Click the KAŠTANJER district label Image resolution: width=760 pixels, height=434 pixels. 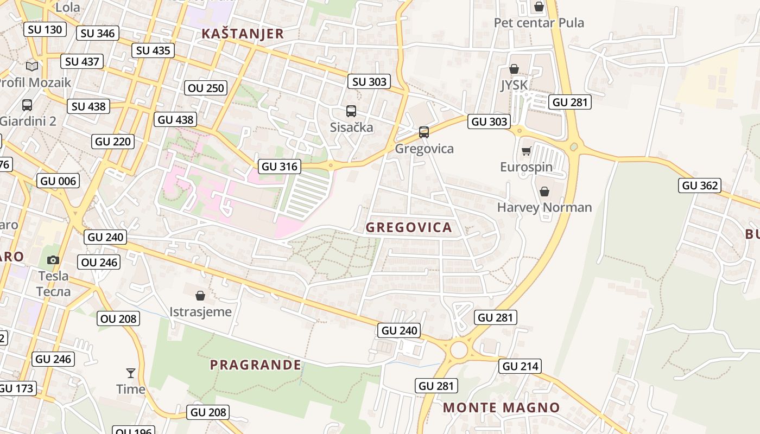click(243, 34)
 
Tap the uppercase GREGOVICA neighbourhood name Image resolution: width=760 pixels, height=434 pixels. click(409, 227)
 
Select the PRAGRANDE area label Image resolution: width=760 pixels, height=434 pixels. click(256, 365)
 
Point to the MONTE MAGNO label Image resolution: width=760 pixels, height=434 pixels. click(501, 407)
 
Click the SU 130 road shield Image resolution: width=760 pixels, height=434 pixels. click(45, 29)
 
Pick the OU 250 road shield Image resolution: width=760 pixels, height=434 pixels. click(206, 88)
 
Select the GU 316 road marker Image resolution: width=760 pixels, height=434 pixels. click(280, 167)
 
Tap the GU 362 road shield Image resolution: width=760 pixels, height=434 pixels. click(700, 186)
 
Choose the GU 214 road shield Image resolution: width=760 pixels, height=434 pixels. click(520, 366)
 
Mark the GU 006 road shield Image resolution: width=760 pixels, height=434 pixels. click(58, 181)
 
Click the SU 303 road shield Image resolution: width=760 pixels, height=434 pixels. click(369, 82)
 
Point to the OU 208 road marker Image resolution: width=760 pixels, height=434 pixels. click(119, 318)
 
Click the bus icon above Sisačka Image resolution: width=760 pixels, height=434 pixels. click(351, 111)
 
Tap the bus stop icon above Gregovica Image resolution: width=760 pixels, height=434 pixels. click(424, 132)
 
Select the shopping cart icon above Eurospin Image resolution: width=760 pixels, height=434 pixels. click(525, 151)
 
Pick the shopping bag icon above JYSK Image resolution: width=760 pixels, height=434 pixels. click(514, 69)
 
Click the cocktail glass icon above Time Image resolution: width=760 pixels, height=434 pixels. click(131, 373)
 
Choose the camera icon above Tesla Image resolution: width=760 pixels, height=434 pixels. click(53, 260)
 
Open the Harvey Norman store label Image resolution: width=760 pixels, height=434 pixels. click(544, 207)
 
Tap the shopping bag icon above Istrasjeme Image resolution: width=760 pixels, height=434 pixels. click(200, 295)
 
